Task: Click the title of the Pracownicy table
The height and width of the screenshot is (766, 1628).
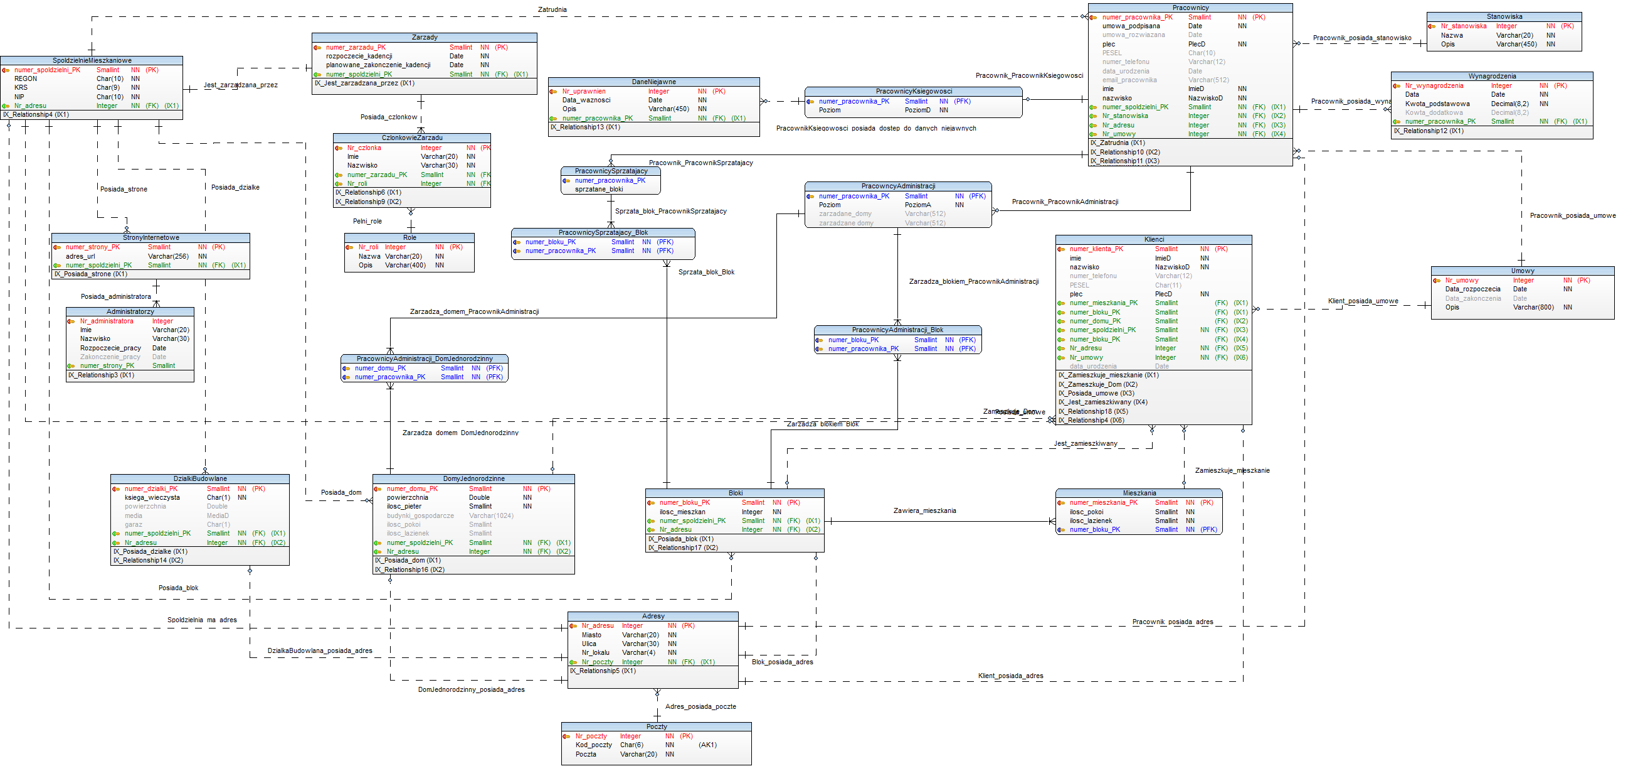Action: click(1190, 8)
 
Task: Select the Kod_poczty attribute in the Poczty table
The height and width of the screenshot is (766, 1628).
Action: click(593, 745)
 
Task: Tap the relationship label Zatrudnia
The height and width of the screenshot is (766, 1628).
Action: click(552, 9)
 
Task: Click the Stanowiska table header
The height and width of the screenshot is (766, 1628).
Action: click(1504, 16)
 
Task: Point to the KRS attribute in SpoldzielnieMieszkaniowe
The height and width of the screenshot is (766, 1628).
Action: click(21, 87)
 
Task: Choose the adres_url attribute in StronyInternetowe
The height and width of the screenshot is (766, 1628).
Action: click(80, 256)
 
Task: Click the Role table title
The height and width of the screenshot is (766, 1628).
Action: click(410, 238)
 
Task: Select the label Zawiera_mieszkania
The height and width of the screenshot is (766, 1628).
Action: click(924, 510)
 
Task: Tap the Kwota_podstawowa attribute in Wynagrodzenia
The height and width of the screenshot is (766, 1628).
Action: click(1437, 104)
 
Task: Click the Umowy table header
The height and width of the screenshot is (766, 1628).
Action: click(1523, 271)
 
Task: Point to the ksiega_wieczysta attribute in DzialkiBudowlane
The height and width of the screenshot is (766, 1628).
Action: click(152, 497)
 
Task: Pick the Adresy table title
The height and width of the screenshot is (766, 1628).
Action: click(653, 616)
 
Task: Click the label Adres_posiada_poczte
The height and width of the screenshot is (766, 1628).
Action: click(700, 706)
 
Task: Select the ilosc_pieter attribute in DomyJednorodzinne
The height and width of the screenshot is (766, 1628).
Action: click(404, 506)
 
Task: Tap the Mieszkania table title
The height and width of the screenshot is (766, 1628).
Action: click(1139, 493)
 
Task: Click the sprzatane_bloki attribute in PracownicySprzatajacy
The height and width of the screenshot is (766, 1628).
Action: click(598, 189)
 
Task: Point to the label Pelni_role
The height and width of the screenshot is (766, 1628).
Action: click(367, 222)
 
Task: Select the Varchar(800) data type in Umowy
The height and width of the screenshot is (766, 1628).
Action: click(1533, 308)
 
